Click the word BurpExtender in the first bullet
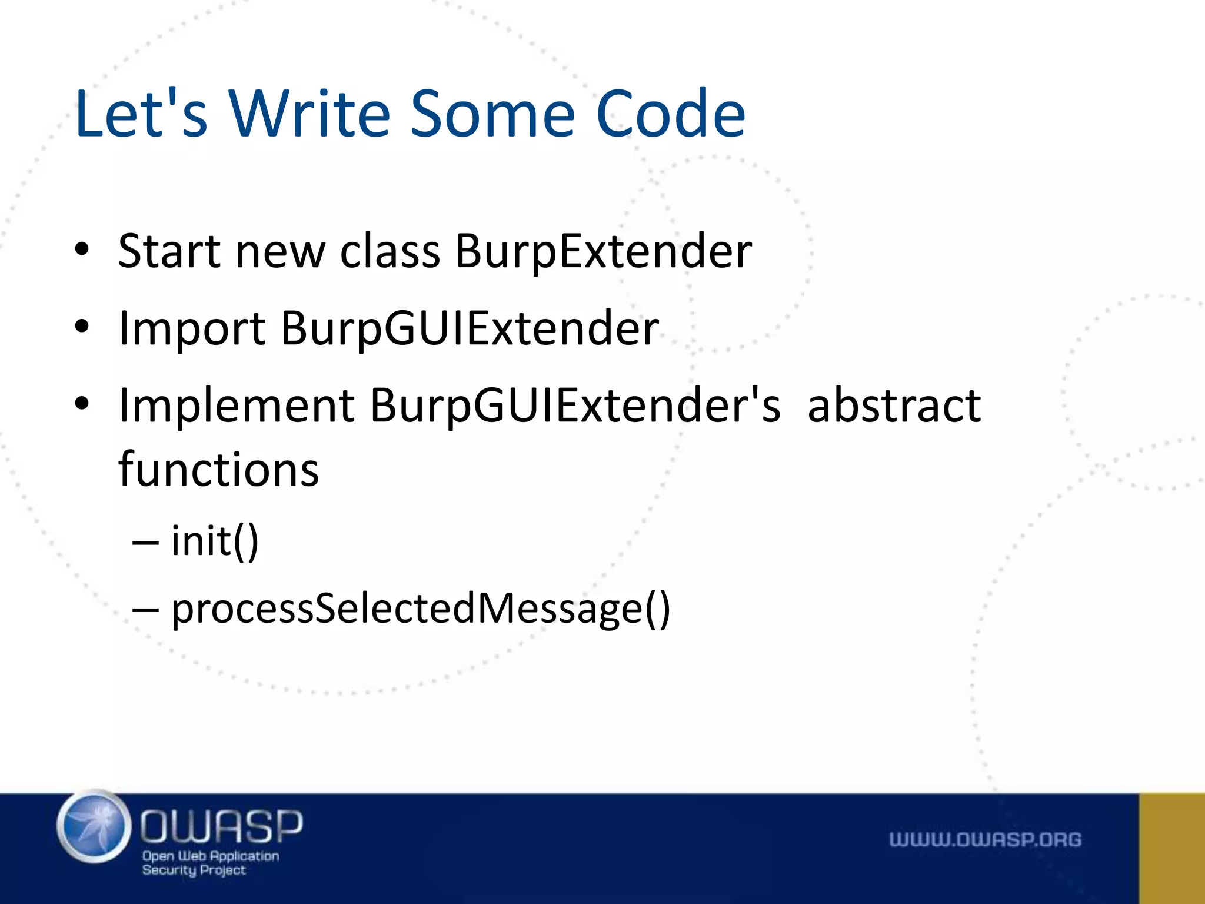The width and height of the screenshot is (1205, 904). click(x=603, y=251)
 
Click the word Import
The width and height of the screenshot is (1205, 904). click(x=192, y=328)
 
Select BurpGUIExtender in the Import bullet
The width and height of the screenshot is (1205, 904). click(x=470, y=328)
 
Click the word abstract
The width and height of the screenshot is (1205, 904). click(x=894, y=406)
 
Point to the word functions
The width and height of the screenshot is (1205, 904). click(x=218, y=470)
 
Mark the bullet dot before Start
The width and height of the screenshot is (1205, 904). click(x=82, y=250)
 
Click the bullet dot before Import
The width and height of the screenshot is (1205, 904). click(x=82, y=326)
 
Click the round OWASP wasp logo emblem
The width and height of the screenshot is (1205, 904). click(x=94, y=827)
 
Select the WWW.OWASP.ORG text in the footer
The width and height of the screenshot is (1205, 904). click(x=985, y=839)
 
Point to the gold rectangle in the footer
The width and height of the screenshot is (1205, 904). click(x=1171, y=848)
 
